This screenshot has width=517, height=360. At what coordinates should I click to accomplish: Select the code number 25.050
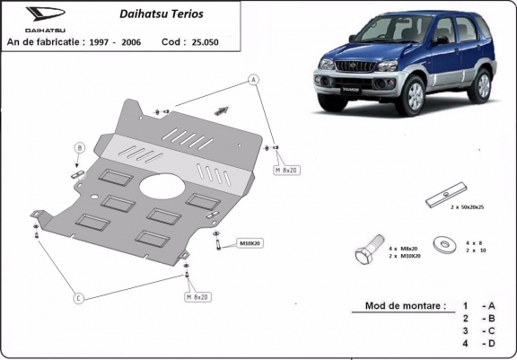[x=204, y=42]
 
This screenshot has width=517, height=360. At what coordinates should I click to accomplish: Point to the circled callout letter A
[x=254, y=79]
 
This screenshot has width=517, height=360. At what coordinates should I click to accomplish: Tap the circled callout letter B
[x=79, y=147]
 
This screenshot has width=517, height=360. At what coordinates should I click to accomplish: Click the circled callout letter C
[x=78, y=297]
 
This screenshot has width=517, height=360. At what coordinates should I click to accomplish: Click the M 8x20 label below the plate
[x=197, y=296]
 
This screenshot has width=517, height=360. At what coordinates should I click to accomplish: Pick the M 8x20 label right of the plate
[x=286, y=168]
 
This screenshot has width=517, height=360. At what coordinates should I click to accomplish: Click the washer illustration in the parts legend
[x=442, y=242]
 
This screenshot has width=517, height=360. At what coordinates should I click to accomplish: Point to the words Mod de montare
[x=405, y=305]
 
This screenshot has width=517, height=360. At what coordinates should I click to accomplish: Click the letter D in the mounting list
[x=489, y=344]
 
